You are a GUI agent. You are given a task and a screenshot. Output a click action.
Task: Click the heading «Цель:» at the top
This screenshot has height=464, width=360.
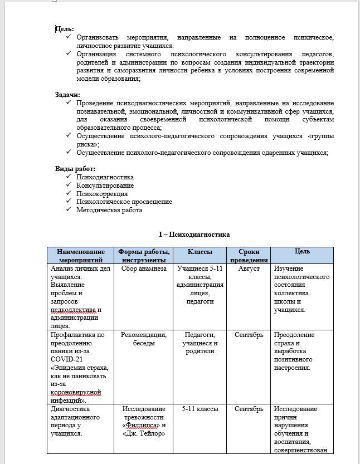pos(65,29)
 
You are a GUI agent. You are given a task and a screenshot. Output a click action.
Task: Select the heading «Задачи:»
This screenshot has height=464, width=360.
pos(67,95)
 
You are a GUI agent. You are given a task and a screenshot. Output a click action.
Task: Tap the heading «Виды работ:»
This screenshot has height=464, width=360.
pos(75,169)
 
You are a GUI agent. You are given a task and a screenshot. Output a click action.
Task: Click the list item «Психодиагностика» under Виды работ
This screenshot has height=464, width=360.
pos(105,177)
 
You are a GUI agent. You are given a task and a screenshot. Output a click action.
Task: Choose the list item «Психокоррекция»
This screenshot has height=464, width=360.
pos(102,193)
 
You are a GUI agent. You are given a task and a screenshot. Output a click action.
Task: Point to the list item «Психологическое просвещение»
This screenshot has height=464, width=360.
pos(124,202)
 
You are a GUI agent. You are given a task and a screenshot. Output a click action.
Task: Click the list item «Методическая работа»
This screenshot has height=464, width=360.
pos(109,210)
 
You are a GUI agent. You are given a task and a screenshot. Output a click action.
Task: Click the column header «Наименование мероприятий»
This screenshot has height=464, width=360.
pos(81,256)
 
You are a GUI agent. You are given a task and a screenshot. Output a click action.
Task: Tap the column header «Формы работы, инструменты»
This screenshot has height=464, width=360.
pos(143,256)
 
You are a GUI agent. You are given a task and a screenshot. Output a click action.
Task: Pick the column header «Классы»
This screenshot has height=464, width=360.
pos(200,252)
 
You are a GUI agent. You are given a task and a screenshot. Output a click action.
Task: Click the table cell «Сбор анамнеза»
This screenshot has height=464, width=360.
pos(143,268)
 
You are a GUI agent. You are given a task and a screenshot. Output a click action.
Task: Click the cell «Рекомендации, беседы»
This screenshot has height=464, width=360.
pos(143,339)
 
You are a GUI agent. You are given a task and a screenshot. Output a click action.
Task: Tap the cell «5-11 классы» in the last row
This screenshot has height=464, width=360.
pos(200,409)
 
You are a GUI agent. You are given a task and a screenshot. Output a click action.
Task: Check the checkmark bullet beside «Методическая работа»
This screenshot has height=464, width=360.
pos(69,210)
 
